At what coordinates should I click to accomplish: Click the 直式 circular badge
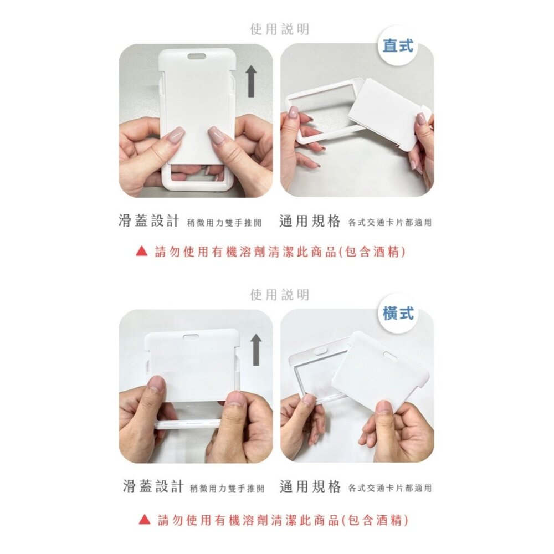pyautogui.click(x=398, y=46)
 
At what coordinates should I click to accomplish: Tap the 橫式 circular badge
pyautogui.click(x=398, y=313)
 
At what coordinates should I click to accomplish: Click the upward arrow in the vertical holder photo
pyautogui.click(x=251, y=81)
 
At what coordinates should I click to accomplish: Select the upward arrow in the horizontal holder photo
pyautogui.click(x=255, y=350)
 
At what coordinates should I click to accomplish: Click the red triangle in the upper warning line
pyautogui.click(x=141, y=252)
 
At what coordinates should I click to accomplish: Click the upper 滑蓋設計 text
pyautogui.click(x=149, y=222)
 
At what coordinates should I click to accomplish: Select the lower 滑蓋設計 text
pyautogui.click(x=153, y=487)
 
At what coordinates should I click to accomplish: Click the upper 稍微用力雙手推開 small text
pyautogui.click(x=224, y=223)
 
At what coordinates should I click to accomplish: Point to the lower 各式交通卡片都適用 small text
pyautogui.click(x=390, y=488)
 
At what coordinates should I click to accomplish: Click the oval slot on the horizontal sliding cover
pyautogui.click(x=192, y=336)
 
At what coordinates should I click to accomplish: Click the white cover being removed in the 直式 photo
pyautogui.click(x=388, y=114)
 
